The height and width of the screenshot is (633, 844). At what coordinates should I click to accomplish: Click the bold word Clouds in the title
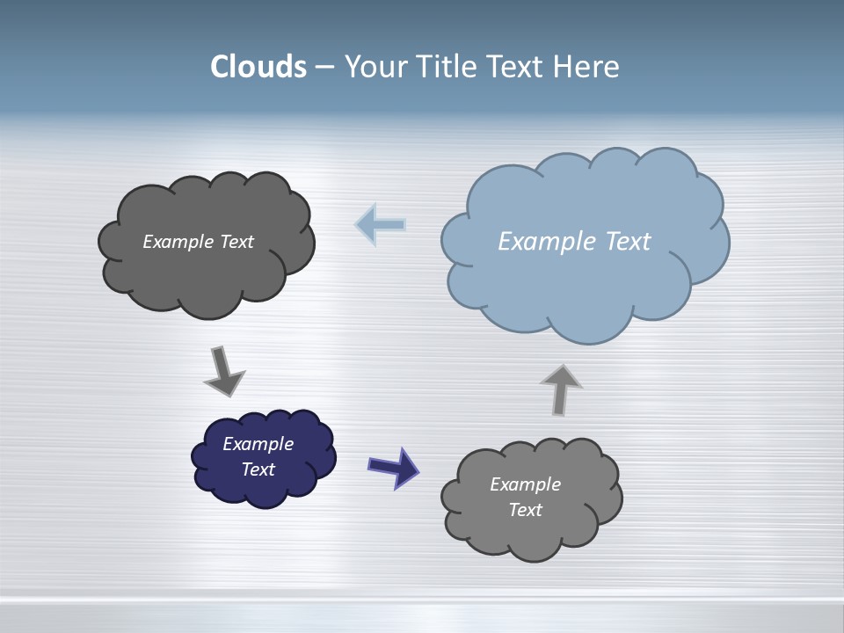(258, 67)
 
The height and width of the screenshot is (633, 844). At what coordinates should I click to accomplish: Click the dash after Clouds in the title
(324, 68)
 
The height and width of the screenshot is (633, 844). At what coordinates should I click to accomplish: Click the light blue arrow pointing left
(381, 224)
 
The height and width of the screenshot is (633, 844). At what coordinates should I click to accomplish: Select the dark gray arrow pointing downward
(223, 371)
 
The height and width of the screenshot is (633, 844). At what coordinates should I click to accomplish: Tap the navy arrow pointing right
(393, 467)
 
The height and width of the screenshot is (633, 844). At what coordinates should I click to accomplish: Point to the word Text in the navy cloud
(258, 469)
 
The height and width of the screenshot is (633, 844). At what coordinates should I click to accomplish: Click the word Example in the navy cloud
(258, 444)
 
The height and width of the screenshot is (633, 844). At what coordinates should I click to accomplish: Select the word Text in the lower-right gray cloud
(526, 510)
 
